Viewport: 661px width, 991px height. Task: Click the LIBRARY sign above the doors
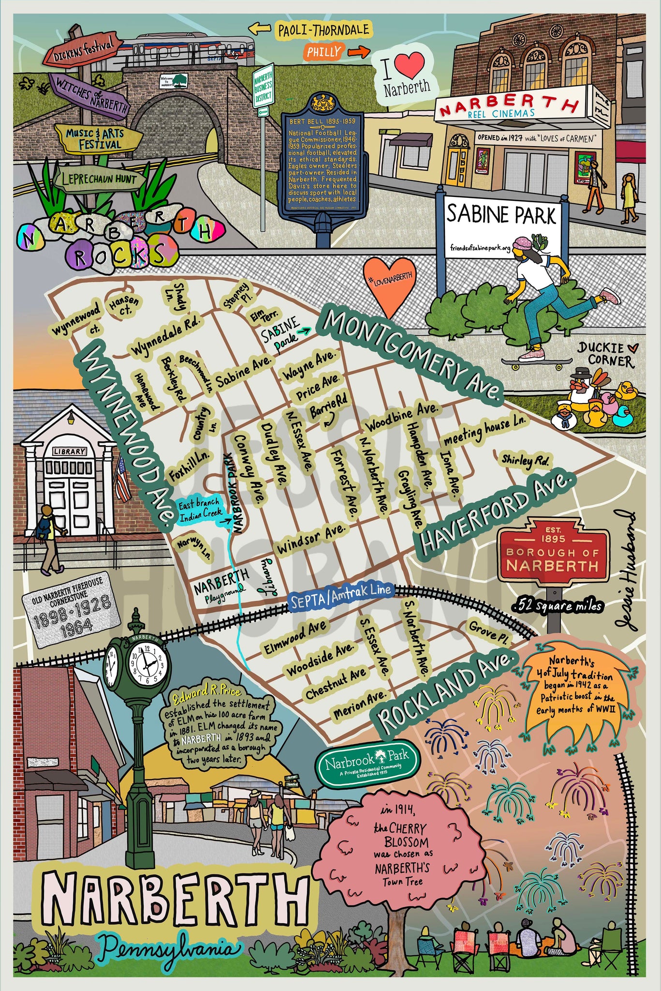(x=70, y=451)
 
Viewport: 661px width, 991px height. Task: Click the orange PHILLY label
(x=323, y=52)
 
